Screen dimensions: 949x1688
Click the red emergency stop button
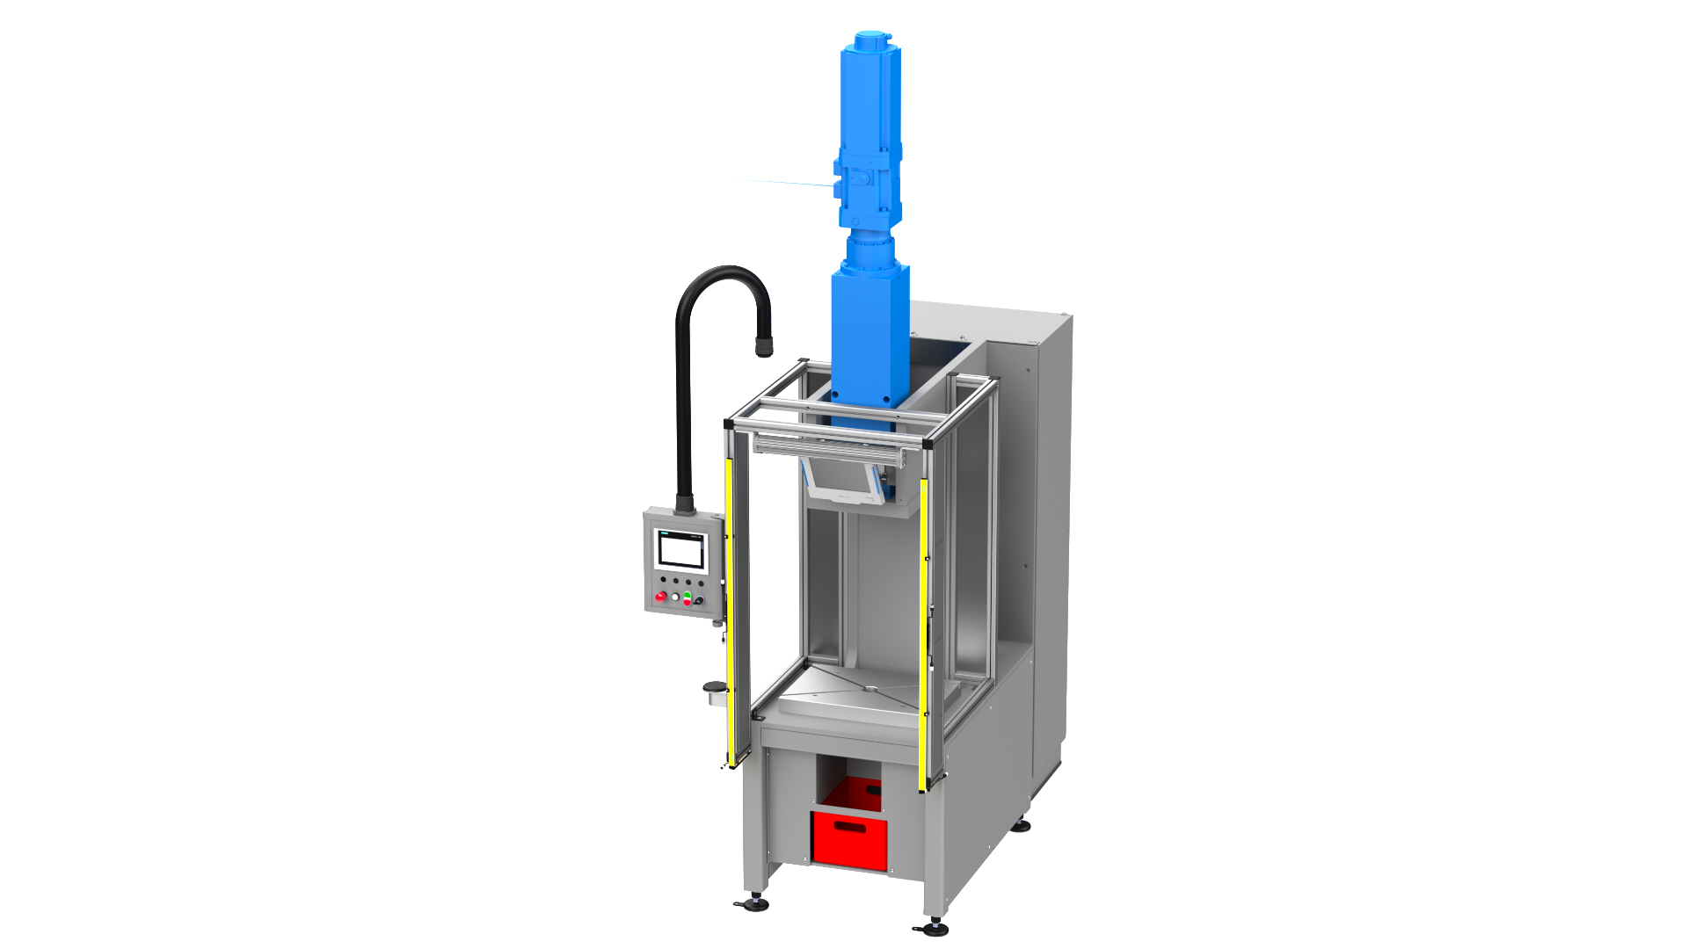tap(661, 597)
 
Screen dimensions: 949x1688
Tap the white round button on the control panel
tap(674, 598)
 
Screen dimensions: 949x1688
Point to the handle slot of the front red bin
tap(850, 826)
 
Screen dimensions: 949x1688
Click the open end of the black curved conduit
tap(763, 351)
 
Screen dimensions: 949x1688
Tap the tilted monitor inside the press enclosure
tap(844, 483)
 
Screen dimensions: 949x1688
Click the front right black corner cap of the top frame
tap(927, 446)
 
